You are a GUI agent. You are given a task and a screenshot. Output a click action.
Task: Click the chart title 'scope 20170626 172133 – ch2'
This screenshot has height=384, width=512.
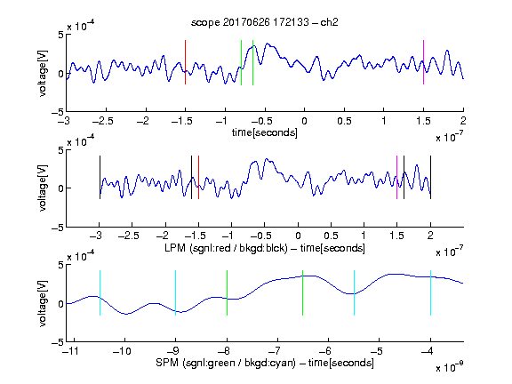tap(264, 22)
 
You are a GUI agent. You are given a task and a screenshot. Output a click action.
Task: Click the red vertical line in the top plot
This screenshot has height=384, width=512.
tap(185, 62)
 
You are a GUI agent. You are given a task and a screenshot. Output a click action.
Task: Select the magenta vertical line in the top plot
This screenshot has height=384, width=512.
tap(423, 62)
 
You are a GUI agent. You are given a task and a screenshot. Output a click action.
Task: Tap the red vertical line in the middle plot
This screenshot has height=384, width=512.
tap(198, 177)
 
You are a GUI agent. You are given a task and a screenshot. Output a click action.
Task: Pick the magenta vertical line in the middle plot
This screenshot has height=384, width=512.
tap(396, 177)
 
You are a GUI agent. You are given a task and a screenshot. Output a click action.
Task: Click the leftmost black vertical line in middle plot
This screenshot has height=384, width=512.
tap(100, 177)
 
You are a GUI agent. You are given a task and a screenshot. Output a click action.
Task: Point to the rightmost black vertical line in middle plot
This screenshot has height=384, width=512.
tap(430, 177)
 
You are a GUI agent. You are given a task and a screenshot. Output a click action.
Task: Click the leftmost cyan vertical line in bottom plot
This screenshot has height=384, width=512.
tap(100, 293)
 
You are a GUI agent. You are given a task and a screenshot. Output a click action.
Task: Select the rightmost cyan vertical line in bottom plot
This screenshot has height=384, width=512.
tap(430, 293)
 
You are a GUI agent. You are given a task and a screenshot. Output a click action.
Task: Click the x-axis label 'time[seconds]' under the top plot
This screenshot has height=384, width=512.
tap(265, 132)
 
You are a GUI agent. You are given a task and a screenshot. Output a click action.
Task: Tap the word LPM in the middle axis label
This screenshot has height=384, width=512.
tap(175, 248)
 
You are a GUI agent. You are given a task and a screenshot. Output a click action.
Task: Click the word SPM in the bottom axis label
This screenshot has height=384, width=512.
tap(167, 363)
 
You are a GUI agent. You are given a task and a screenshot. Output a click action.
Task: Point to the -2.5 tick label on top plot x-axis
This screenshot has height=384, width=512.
tap(103, 121)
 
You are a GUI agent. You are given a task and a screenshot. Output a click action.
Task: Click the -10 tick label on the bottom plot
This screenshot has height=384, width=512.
tap(122, 351)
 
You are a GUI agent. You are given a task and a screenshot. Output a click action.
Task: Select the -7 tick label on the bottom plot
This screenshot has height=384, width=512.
tap(276, 351)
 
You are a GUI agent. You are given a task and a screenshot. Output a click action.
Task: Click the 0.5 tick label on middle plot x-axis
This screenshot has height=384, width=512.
tap(331, 236)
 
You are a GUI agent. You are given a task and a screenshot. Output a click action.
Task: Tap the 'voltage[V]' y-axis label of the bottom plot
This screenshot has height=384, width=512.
tap(43, 303)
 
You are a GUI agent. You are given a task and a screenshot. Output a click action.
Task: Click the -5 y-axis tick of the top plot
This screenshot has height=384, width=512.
tap(58, 112)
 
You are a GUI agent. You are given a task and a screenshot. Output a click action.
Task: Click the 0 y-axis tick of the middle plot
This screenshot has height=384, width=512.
tap(61, 188)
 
